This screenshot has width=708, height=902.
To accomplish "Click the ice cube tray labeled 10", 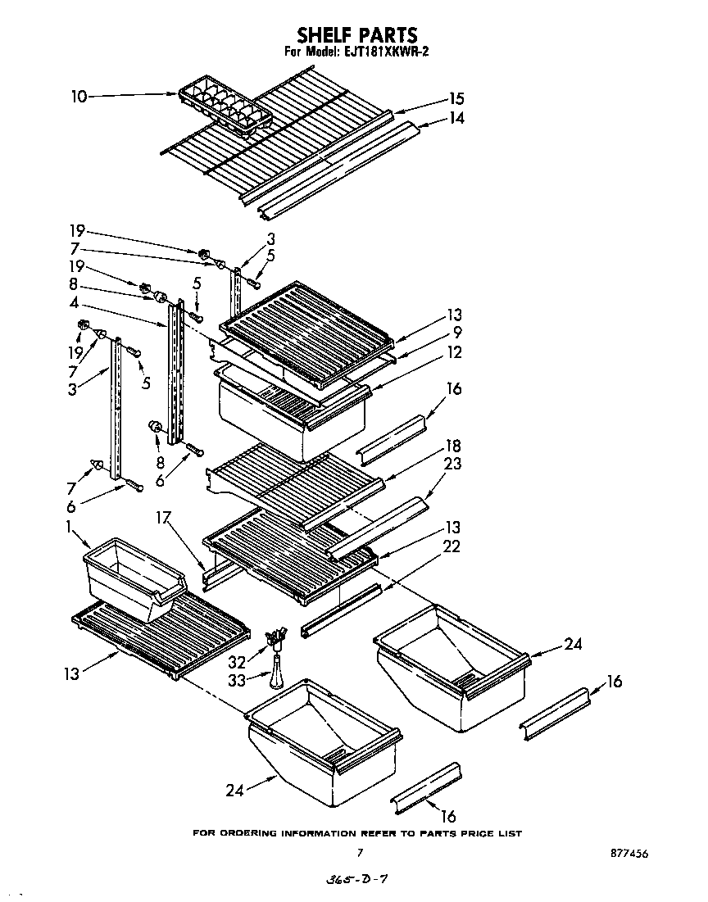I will pyautogui.click(x=223, y=105).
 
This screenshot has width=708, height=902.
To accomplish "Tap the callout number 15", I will pyautogui.click(x=456, y=99).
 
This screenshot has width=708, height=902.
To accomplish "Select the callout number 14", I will pyautogui.click(x=456, y=118).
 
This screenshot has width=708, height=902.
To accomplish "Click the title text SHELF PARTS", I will pyautogui.click(x=356, y=34).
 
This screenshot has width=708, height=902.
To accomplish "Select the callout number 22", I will pyautogui.click(x=452, y=546).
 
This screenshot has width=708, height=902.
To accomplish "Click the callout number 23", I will pyautogui.click(x=452, y=464).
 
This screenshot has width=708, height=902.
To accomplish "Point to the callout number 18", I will pyautogui.click(x=452, y=446).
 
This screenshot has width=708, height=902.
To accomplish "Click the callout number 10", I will pyautogui.click(x=79, y=97).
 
